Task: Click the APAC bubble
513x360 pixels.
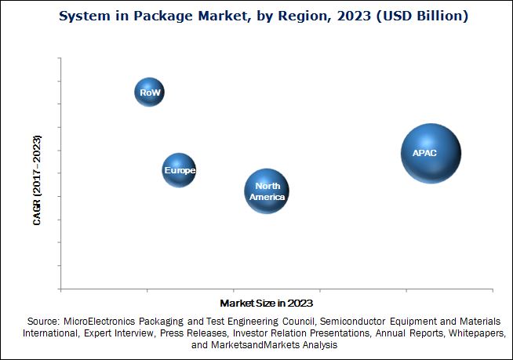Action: [x=430, y=153]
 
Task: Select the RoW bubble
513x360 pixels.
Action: [x=149, y=93]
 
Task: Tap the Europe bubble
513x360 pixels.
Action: [x=179, y=170]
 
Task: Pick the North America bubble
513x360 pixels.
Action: [x=267, y=191]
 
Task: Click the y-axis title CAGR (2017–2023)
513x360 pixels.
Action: [x=37, y=180]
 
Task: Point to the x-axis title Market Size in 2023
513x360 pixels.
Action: [x=267, y=302]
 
